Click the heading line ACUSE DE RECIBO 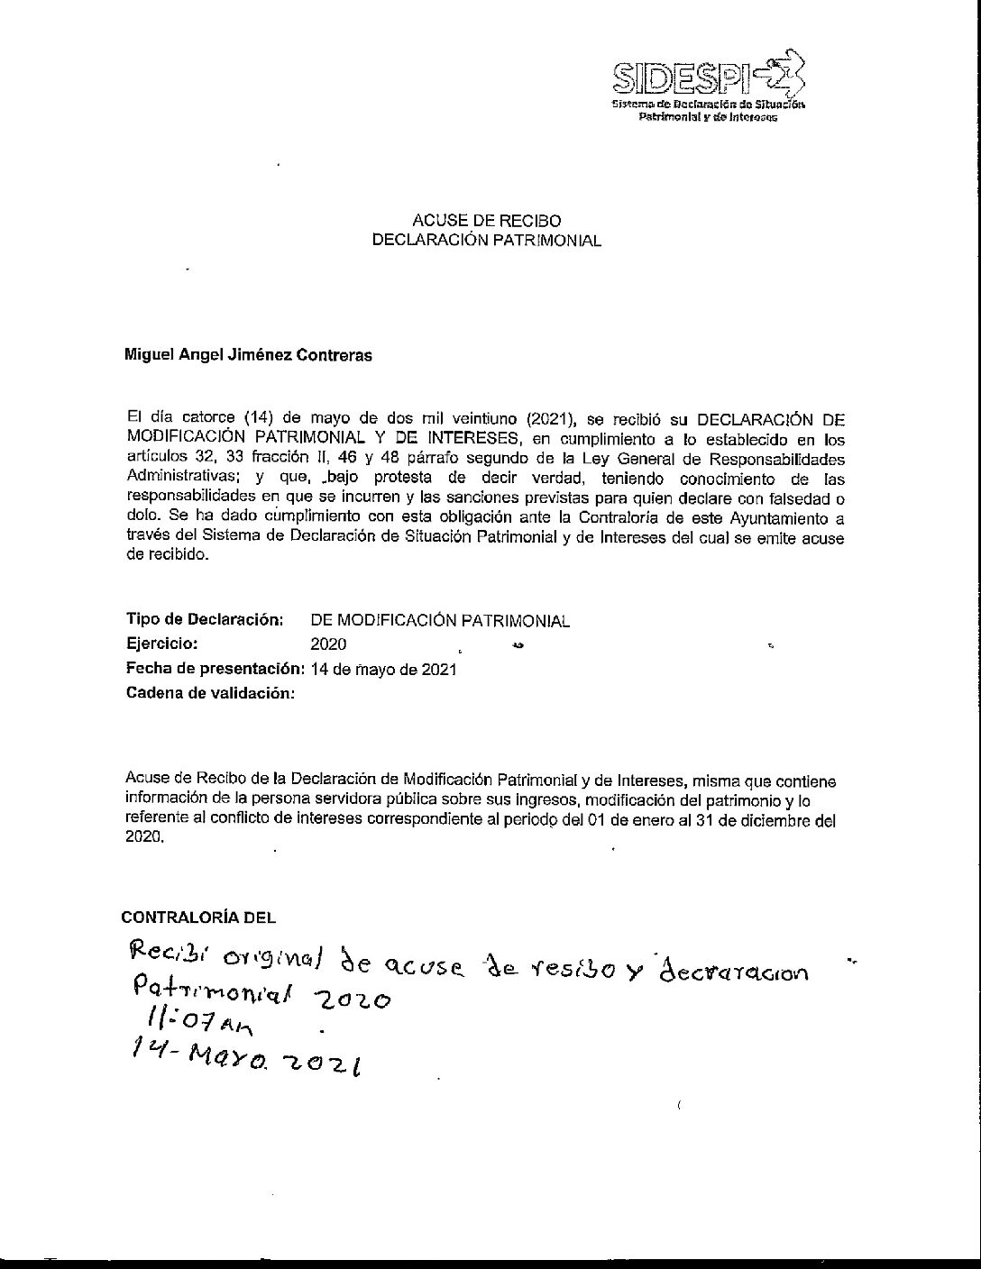coord(486,221)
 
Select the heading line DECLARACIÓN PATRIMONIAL coord(486,241)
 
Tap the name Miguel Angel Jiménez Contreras coord(248,355)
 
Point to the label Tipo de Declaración coord(205,620)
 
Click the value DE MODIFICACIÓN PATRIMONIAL coord(440,621)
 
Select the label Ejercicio coord(162,644)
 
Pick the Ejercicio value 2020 coord(328,644)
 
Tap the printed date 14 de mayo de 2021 coord(384,670)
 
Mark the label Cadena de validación coord(210,693)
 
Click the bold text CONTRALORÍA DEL coord(198,918)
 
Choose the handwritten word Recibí coord(168,952)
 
